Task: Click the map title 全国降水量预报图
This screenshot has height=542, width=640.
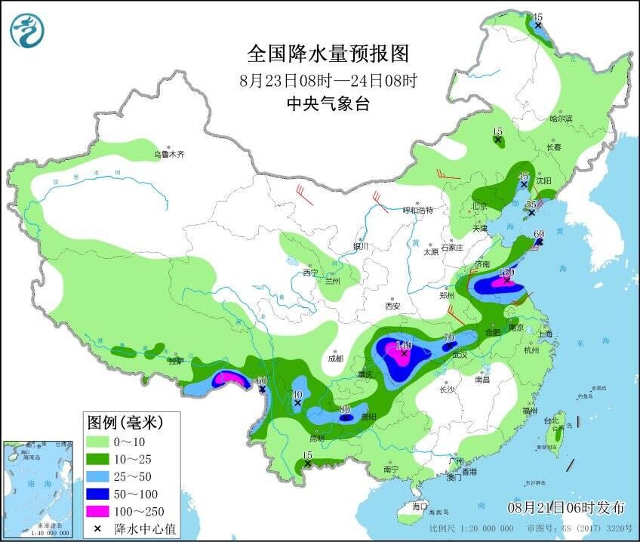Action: pos(328,54)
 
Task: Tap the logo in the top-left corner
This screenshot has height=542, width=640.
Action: pos(27,30)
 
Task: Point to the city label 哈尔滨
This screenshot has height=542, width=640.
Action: pos(561,119)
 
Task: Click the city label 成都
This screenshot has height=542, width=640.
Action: pos(336,358)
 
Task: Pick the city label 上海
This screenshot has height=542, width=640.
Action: pos(544,334)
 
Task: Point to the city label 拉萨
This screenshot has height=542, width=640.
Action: pos(175,361)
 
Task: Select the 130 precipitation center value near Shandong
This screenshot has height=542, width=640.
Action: pos(507,272)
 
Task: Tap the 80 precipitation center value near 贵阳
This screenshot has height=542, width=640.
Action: pos(346,410)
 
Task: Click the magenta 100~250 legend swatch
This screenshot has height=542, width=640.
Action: pos(97,511)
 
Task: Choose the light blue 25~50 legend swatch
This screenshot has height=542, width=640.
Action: pos(97,476)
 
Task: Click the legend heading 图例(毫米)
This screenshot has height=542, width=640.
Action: pos(125,421)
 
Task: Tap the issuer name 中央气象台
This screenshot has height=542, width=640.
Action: pos(328,104)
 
